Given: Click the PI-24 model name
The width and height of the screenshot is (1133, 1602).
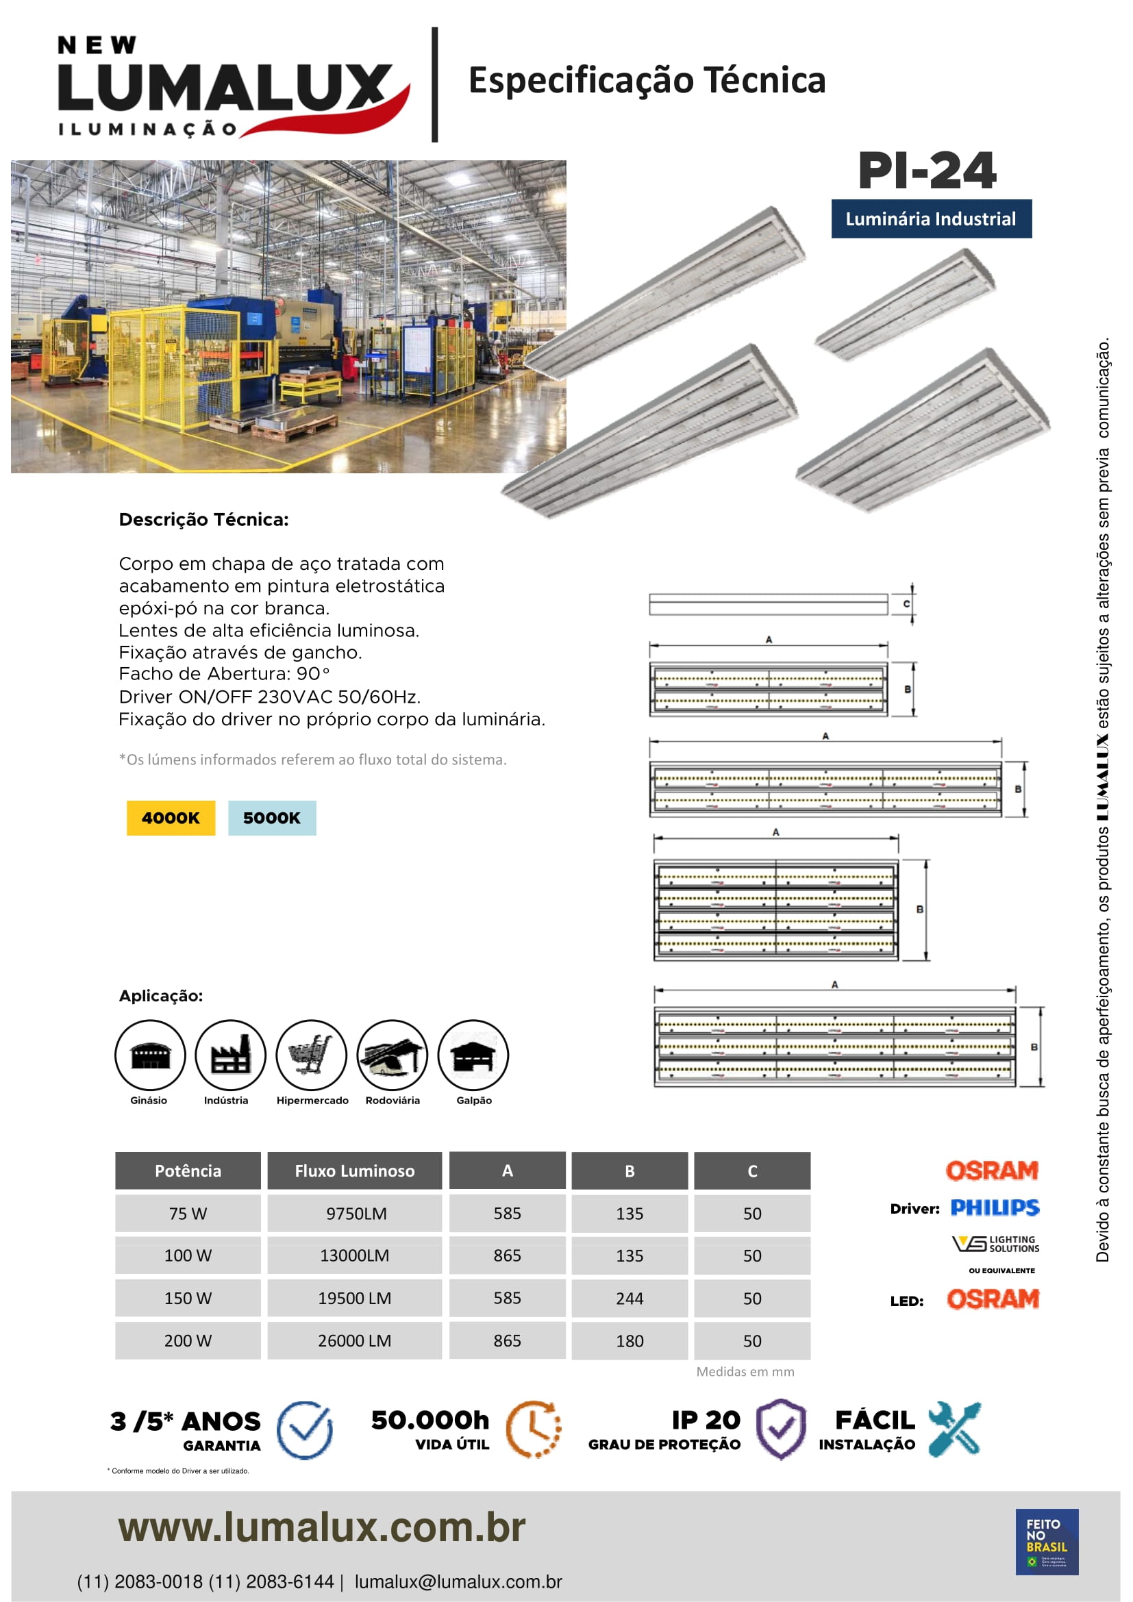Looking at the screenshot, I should tap(927, 171).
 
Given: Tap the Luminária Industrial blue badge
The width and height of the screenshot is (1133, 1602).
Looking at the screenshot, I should tap(931, 219).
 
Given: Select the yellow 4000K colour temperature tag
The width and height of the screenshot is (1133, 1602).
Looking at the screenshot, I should tap(171, 818).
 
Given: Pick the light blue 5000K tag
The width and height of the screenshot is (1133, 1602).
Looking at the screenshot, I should tap(271, 818).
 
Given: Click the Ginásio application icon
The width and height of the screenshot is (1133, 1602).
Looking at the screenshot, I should tap(150, 1054).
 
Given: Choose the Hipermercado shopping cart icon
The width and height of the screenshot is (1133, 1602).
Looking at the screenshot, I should tap(311, 1054).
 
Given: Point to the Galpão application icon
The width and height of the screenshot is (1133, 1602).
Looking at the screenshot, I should tap(473, 1054).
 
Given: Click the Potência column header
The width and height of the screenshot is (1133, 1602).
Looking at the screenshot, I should tap(188, 1171).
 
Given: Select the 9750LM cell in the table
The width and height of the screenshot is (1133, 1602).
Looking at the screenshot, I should tap(355, 1214).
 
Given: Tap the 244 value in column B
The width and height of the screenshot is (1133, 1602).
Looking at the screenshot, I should tap(630, 1299).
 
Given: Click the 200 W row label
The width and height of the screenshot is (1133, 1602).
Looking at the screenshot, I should tap(188, 1340).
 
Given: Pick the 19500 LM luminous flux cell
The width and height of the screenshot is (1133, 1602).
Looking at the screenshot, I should tap(354, 1299).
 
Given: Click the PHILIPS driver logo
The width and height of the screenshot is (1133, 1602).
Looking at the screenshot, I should tap(995, 1207).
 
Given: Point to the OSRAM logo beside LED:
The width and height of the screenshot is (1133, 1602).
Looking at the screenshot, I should tap(993, 1299).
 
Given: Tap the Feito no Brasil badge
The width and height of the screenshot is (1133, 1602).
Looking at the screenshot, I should tap(1047, 1541).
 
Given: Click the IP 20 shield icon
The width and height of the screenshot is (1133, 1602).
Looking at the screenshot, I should tap(782, 1428).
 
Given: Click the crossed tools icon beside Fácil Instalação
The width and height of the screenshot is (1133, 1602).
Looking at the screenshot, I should tap(954, 1428).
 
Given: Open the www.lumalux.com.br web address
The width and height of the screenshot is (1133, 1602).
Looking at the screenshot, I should tap(322, 1527).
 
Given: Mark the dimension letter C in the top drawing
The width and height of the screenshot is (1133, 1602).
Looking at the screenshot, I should tap(906, 603).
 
